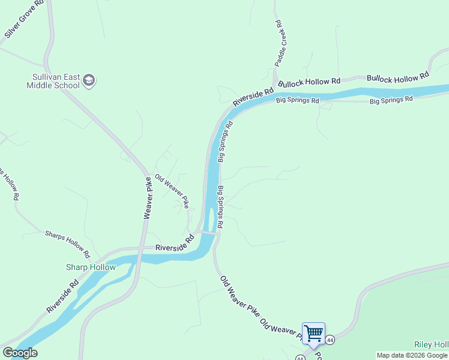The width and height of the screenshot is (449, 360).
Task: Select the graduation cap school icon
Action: tap(89, 80)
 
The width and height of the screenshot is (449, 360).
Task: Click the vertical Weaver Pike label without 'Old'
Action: tap(147, 197)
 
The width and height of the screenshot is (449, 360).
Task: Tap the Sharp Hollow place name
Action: tap(91, 267)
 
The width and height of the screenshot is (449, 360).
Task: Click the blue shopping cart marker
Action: tap(313, 334)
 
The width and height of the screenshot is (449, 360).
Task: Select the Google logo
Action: tap(20, 353)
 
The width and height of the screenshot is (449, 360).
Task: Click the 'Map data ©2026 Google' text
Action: tap(412, 355)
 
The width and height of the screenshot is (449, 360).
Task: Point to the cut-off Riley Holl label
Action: tap(431, 344)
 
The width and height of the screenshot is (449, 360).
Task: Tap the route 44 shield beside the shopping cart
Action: tap(330, 340)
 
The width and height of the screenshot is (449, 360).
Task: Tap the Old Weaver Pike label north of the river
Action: tap(172, 191)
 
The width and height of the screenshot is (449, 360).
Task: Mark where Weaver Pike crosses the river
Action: tap(139, 259)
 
